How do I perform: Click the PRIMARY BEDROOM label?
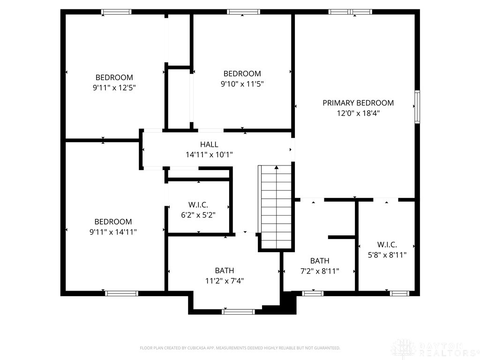click(x=358, y=103)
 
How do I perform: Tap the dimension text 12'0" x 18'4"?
click(x=358, y=113)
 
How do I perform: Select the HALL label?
click(x=209, y=144)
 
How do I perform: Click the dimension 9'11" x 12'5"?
click(x=114, y=87)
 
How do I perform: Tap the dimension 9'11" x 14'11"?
click(x=113, y=232)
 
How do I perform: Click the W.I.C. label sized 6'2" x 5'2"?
click(x=198, y=205)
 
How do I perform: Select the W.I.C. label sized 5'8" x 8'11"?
click(x=387, y=245)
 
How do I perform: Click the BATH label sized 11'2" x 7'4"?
click(x=225, y=270)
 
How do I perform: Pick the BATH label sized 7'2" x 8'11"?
click(x=320, y=261)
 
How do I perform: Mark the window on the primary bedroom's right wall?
click(x=417, y=107)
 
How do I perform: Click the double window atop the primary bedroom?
click(x=350, y=12)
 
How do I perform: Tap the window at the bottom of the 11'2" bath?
click(x=238, y=311)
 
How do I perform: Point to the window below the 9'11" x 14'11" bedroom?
click(x=121, y=293)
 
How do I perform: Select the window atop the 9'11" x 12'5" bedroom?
click(x=116, y=12)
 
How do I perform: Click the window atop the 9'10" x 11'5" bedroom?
click(x=243, y=12)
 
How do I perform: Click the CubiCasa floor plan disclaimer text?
click(x=240, y=348)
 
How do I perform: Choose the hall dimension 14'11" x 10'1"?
click(x=209, y=154)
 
